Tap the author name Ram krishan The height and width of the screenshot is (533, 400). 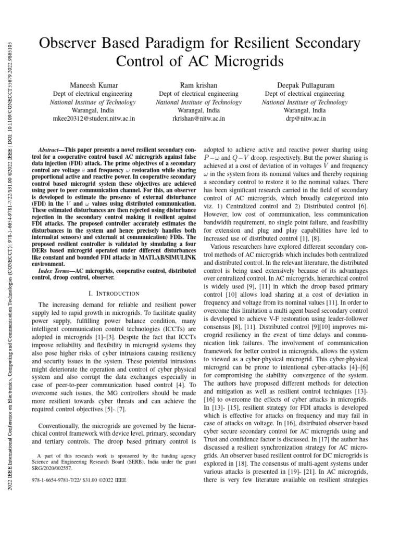tap(198, 85)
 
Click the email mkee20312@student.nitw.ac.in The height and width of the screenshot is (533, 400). tap(94, 119)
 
